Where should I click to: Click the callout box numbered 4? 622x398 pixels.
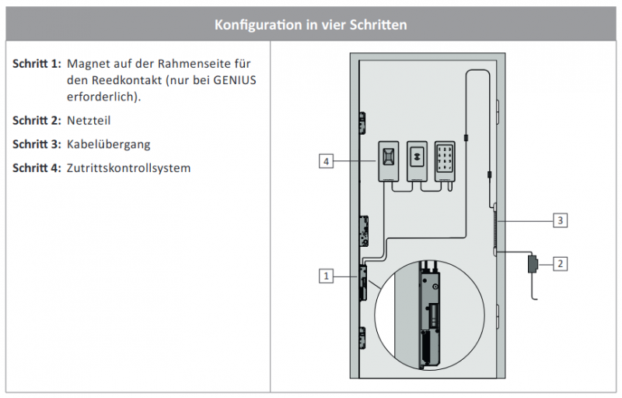click(327, 161)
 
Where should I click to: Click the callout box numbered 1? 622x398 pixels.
click(327, 276)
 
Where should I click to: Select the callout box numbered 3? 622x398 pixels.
click(560, 220)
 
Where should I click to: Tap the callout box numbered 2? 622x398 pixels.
click(560, 264)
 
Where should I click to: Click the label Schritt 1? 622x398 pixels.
click(37, 63)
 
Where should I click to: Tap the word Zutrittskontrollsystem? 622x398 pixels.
click(129, 167)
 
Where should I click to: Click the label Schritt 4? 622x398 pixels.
click(37, 167)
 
